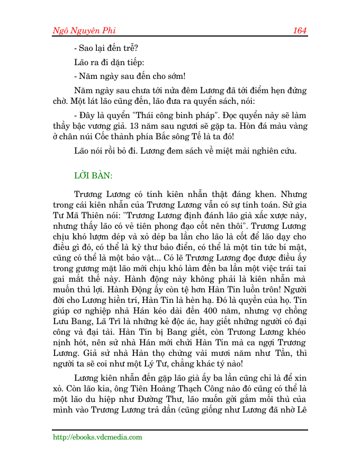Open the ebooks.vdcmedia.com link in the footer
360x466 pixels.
pos(97,437)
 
